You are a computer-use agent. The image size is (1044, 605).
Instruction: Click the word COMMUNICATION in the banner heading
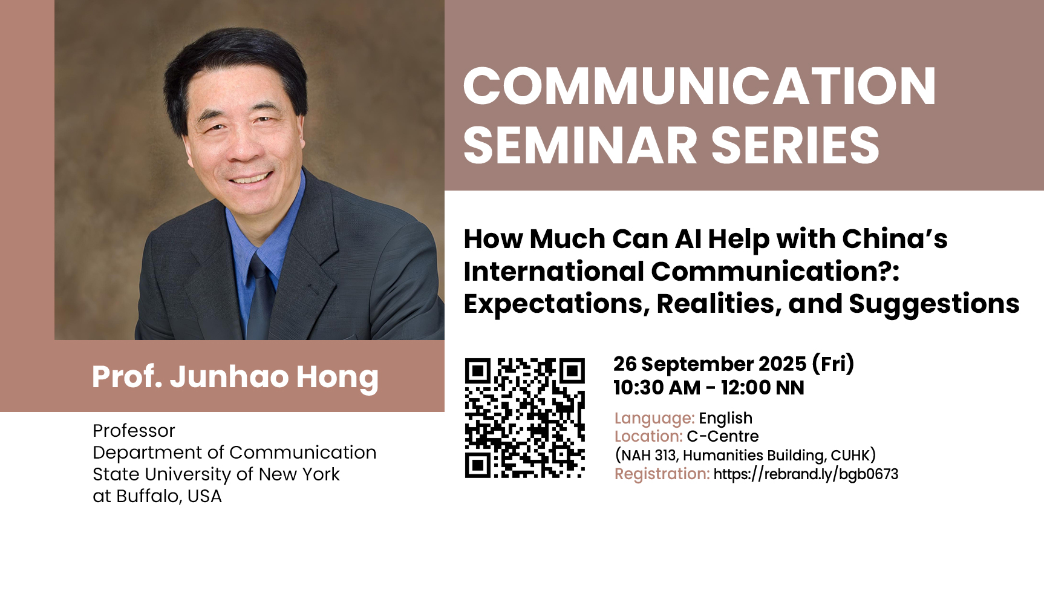pos(700,86)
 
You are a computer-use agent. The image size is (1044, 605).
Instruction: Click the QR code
pos(525,418)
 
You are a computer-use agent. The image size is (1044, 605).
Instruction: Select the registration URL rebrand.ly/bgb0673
pos(806,474)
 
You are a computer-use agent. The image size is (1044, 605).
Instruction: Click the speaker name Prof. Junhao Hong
pos(235,377)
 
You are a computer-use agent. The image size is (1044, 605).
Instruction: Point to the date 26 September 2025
pos(710,364)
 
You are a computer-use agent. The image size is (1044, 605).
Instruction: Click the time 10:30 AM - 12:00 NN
pos(709,388)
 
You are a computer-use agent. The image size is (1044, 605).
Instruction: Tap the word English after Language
pos(726,418)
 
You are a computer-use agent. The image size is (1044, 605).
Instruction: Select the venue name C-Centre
pos(723,436)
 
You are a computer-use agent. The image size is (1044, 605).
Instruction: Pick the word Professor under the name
pos(134,431)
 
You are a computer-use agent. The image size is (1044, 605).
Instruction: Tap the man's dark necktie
pos(261,297)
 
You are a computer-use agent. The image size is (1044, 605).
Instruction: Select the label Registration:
pos(662,474)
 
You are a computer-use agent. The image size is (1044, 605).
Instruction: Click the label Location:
pos(648,436)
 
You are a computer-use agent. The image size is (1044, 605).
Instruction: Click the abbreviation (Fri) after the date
pos(833,364)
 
